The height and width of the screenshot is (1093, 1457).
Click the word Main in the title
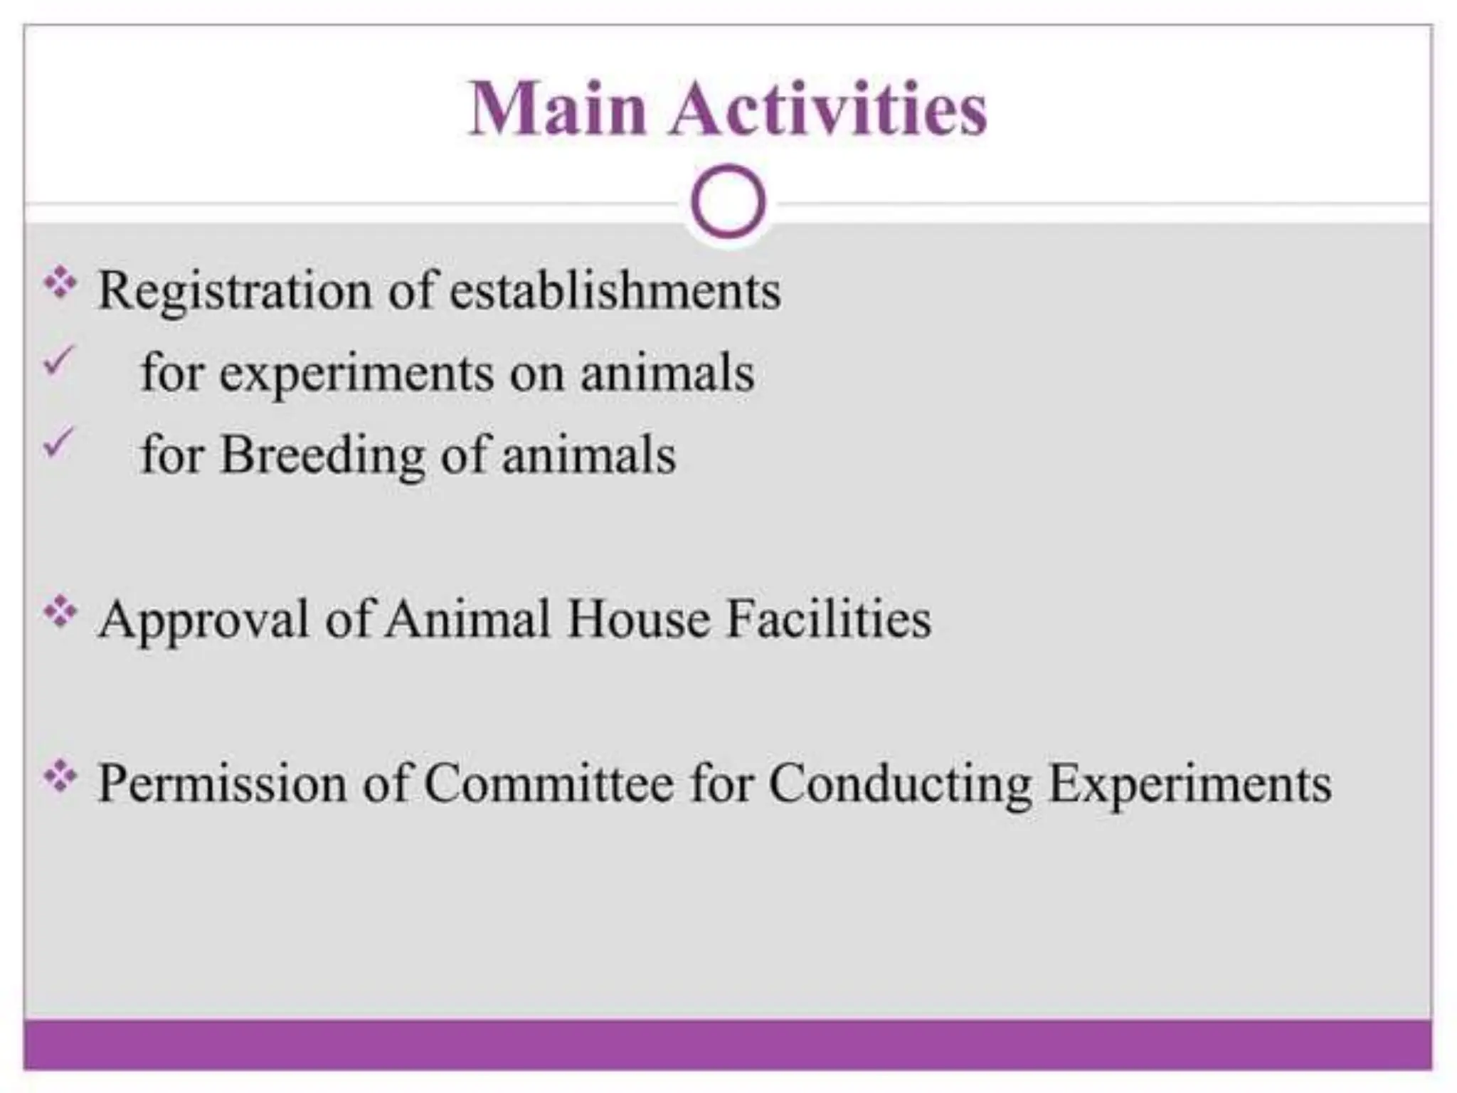[x=557, y=109]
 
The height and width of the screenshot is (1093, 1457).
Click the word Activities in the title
[x=828, y=109]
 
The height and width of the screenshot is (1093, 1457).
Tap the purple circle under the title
[x=728, y=201]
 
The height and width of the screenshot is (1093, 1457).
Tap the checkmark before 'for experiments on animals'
[x=58, y=360]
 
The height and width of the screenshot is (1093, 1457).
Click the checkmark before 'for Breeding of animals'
[x=58, y=443]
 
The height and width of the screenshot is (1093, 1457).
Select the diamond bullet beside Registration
[x=60, y=283]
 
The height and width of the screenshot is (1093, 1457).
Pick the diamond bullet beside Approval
[x=60, y=612]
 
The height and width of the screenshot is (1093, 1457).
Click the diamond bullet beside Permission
[x=60, y=776]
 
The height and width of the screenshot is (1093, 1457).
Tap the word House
[x=638, y=619]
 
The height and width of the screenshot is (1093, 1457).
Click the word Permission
[x=222, y=783]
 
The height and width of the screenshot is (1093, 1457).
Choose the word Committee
[x=549, y=783]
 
